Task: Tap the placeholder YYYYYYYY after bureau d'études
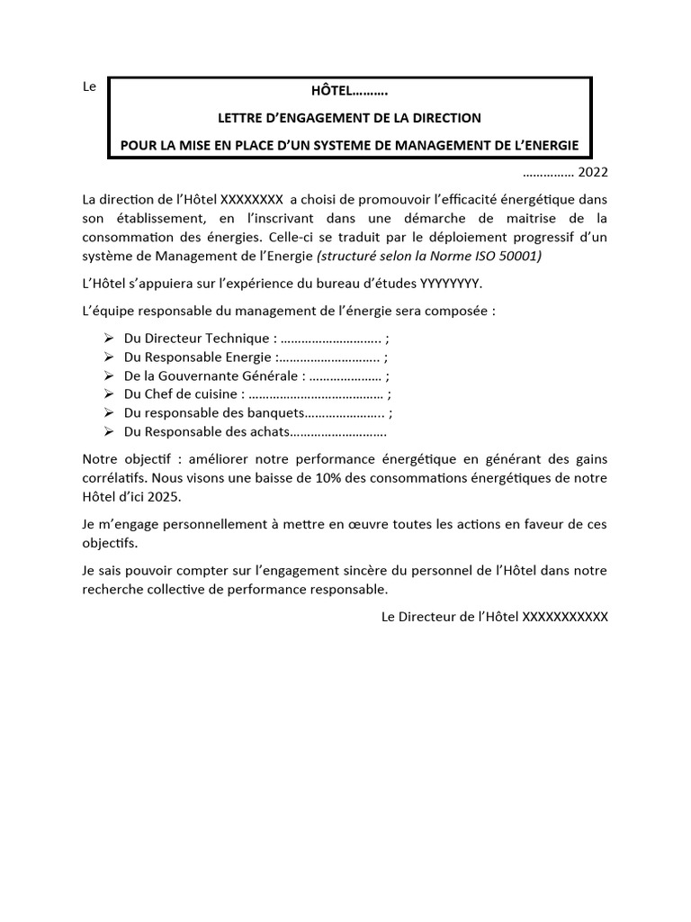pos(451,284)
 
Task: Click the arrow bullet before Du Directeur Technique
pos(108,338)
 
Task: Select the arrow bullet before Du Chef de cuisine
pos(108,393)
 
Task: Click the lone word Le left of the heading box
pos(89,87)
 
